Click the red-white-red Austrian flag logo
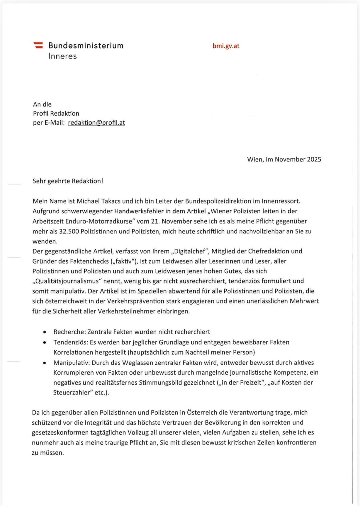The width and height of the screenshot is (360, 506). click(x=38, y=45)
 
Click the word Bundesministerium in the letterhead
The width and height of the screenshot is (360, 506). click(x=86, y=46)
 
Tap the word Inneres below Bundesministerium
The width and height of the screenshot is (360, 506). click(x=62, y=56)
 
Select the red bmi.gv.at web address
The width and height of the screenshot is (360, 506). click(x=226, y=46)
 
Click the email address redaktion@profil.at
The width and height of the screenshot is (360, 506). click(x=96, y=123)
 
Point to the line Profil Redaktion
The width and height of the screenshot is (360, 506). click(x=56, y=113)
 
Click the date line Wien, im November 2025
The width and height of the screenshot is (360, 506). click(x=284, y=159)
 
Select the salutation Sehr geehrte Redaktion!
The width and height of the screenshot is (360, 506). click(x=68, y=181)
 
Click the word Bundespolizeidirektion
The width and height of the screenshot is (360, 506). click(x=218, y=201)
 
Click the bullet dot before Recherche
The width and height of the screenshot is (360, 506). click(x=45, y=332)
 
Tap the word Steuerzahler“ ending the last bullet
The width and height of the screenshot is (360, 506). click(x=74, y=393)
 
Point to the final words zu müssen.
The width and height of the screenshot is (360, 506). click(x=48, y=453)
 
